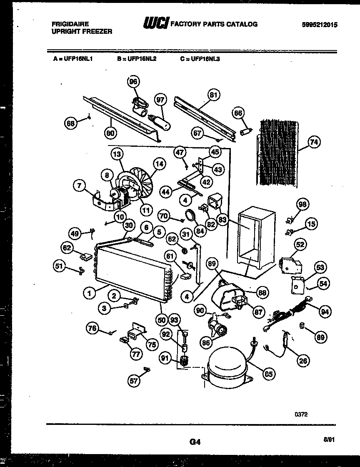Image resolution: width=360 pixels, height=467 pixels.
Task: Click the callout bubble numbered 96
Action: pyautogui.click(x=133, y=82)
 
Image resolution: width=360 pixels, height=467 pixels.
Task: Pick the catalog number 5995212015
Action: pyautogui.click(x=320, y=25)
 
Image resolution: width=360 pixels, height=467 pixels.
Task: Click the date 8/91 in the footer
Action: pyautogui.click(x=328, y=439)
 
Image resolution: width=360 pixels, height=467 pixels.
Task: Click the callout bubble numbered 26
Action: pyautogui.click(x=304, y=360)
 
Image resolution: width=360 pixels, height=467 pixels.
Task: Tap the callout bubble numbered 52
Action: pyautogui.click(x=300, y=245)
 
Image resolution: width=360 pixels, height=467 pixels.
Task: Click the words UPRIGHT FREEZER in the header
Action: pyautogui.click(x=82, y=32)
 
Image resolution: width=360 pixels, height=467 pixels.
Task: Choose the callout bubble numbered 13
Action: pyautogui.click(x=117, y=154)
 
